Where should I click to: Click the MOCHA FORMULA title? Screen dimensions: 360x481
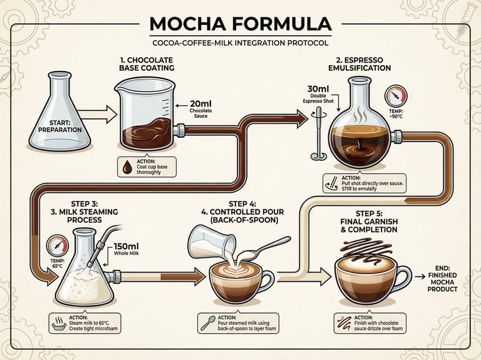click(x=240, y=24)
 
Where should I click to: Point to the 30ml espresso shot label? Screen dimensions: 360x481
click(x=324, y=95)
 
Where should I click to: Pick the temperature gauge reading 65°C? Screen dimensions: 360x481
click(x=58, y=245)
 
